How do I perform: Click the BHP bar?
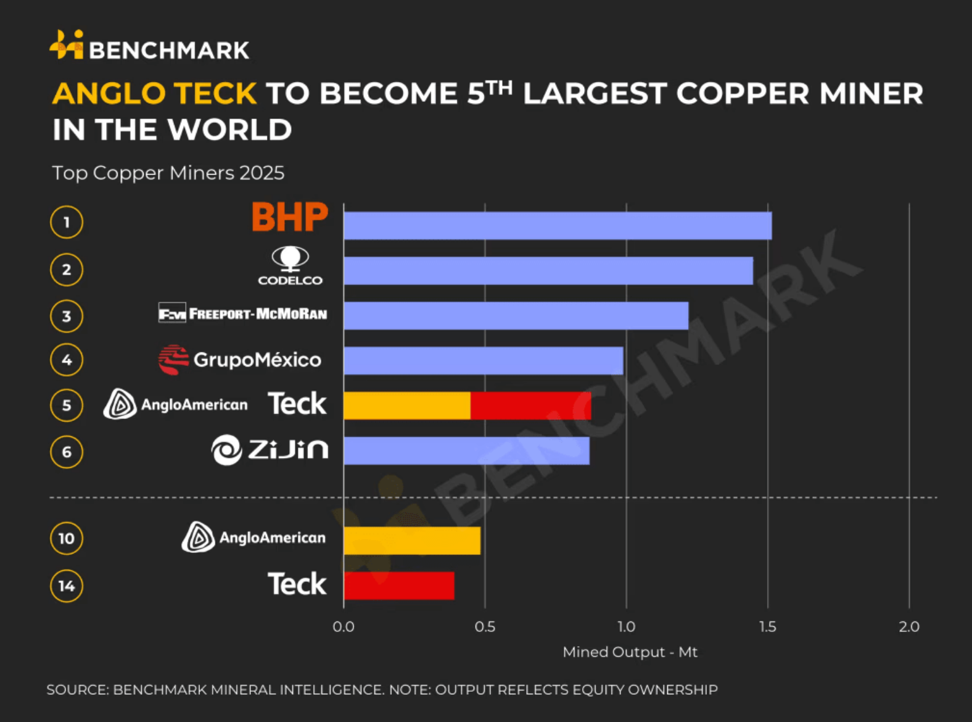(558, 225)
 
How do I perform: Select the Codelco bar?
(548, 270)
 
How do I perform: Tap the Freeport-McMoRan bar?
(516, 315)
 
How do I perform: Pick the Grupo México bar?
(483, 360)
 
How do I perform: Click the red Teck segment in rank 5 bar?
(530, 405)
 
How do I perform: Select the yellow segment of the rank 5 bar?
(407, 405)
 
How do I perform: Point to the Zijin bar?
(466, 450)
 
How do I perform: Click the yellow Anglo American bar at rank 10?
(412, 541)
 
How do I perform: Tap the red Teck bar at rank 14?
(399, 586)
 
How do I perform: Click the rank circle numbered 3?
(67, 316)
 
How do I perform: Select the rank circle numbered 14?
(67, 586)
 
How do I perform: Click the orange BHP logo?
(290, 217)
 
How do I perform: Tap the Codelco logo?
(290, 266)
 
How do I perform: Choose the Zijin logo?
(270, 449)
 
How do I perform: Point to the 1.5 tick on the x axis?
(767, 627)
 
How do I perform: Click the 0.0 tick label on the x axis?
(344, 627)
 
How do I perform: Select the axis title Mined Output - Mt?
(630, 652)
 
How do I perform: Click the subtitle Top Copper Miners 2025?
(168, 173)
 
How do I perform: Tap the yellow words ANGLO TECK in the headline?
(154, 94)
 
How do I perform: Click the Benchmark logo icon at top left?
(67, 45)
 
